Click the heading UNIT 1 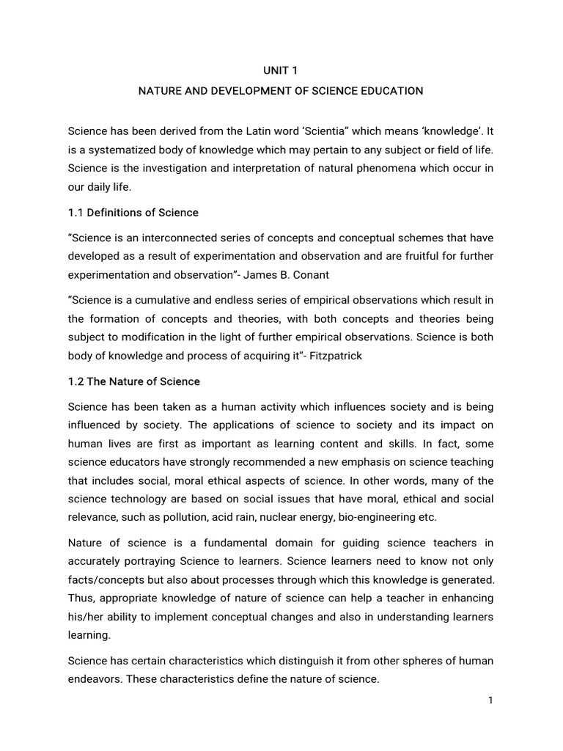281,71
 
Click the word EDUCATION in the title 389,92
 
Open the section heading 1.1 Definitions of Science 133,213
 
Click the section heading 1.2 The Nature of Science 134,382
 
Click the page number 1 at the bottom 490,700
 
